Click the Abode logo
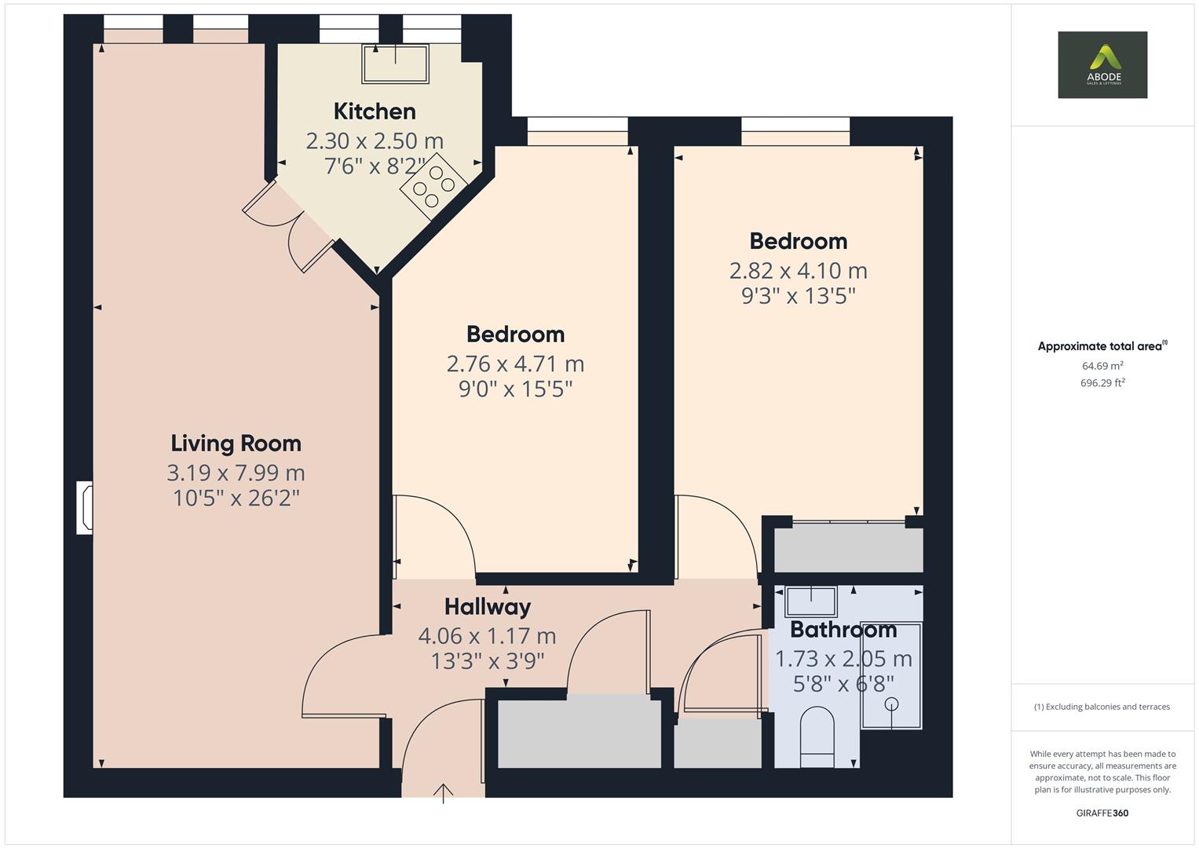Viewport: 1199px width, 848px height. click(1102, 64)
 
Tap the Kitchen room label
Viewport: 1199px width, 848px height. click(375, 111)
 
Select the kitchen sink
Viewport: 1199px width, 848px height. click(395, 64)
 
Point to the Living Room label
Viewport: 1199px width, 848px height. click(236, 444)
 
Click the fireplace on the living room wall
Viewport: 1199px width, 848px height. click(85, 509)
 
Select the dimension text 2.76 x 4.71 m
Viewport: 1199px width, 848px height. click(515, 364)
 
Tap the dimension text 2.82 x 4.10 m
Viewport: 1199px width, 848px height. click(798, 271)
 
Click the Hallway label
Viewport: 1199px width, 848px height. click(487, 607)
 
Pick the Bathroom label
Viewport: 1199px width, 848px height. click(843, 630)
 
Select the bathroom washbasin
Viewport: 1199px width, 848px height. click(811, 601)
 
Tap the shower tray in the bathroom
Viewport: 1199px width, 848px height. click(891, 675)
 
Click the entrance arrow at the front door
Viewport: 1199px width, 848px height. click(444, 793)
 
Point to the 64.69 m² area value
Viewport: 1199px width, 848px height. click(1102, 366)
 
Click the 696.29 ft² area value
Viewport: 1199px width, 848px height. click(1102, 383)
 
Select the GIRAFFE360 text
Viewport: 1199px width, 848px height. click(1102, 813)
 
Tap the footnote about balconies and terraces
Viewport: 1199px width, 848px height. click(1102, 707)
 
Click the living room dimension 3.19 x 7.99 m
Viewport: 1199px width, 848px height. click(236, 473)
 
